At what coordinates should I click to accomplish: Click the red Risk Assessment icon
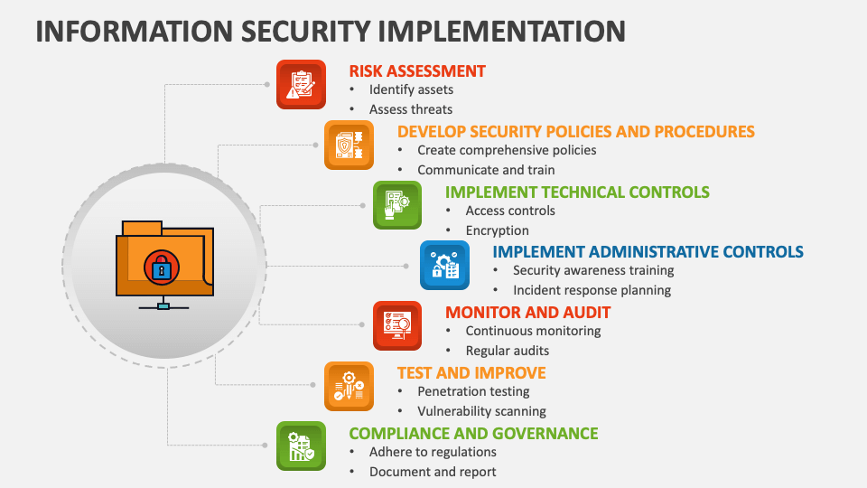coord(301,85)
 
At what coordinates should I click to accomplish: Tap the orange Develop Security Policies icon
coord(349,145)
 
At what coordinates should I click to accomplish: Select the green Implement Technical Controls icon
coord(397,205)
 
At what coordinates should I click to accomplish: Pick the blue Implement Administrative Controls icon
coord(444,266)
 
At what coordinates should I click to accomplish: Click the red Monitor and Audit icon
coord(397,326)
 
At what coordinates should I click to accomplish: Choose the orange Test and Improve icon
coord(349,386)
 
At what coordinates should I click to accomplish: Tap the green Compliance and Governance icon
coord(301,446)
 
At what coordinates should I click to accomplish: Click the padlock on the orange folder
coord(162,268)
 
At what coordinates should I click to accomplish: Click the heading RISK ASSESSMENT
coord(417,71)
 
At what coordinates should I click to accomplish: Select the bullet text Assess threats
coord(411,109)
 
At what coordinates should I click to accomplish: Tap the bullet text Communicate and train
coord(486,170)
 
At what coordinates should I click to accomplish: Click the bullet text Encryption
coord(497,230)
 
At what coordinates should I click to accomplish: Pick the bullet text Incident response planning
coord(592,290)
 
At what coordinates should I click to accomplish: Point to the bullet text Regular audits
coord(508,351)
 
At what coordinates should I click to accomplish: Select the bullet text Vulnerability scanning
coord(481,411)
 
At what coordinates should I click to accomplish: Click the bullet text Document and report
coord(433,472)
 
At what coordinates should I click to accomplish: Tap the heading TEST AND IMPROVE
coord(471,373)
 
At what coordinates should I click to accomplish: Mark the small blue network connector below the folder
coord(163,306)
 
